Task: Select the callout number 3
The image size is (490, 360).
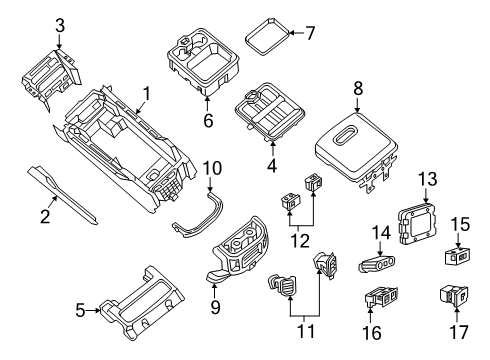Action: pos(59,25)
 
